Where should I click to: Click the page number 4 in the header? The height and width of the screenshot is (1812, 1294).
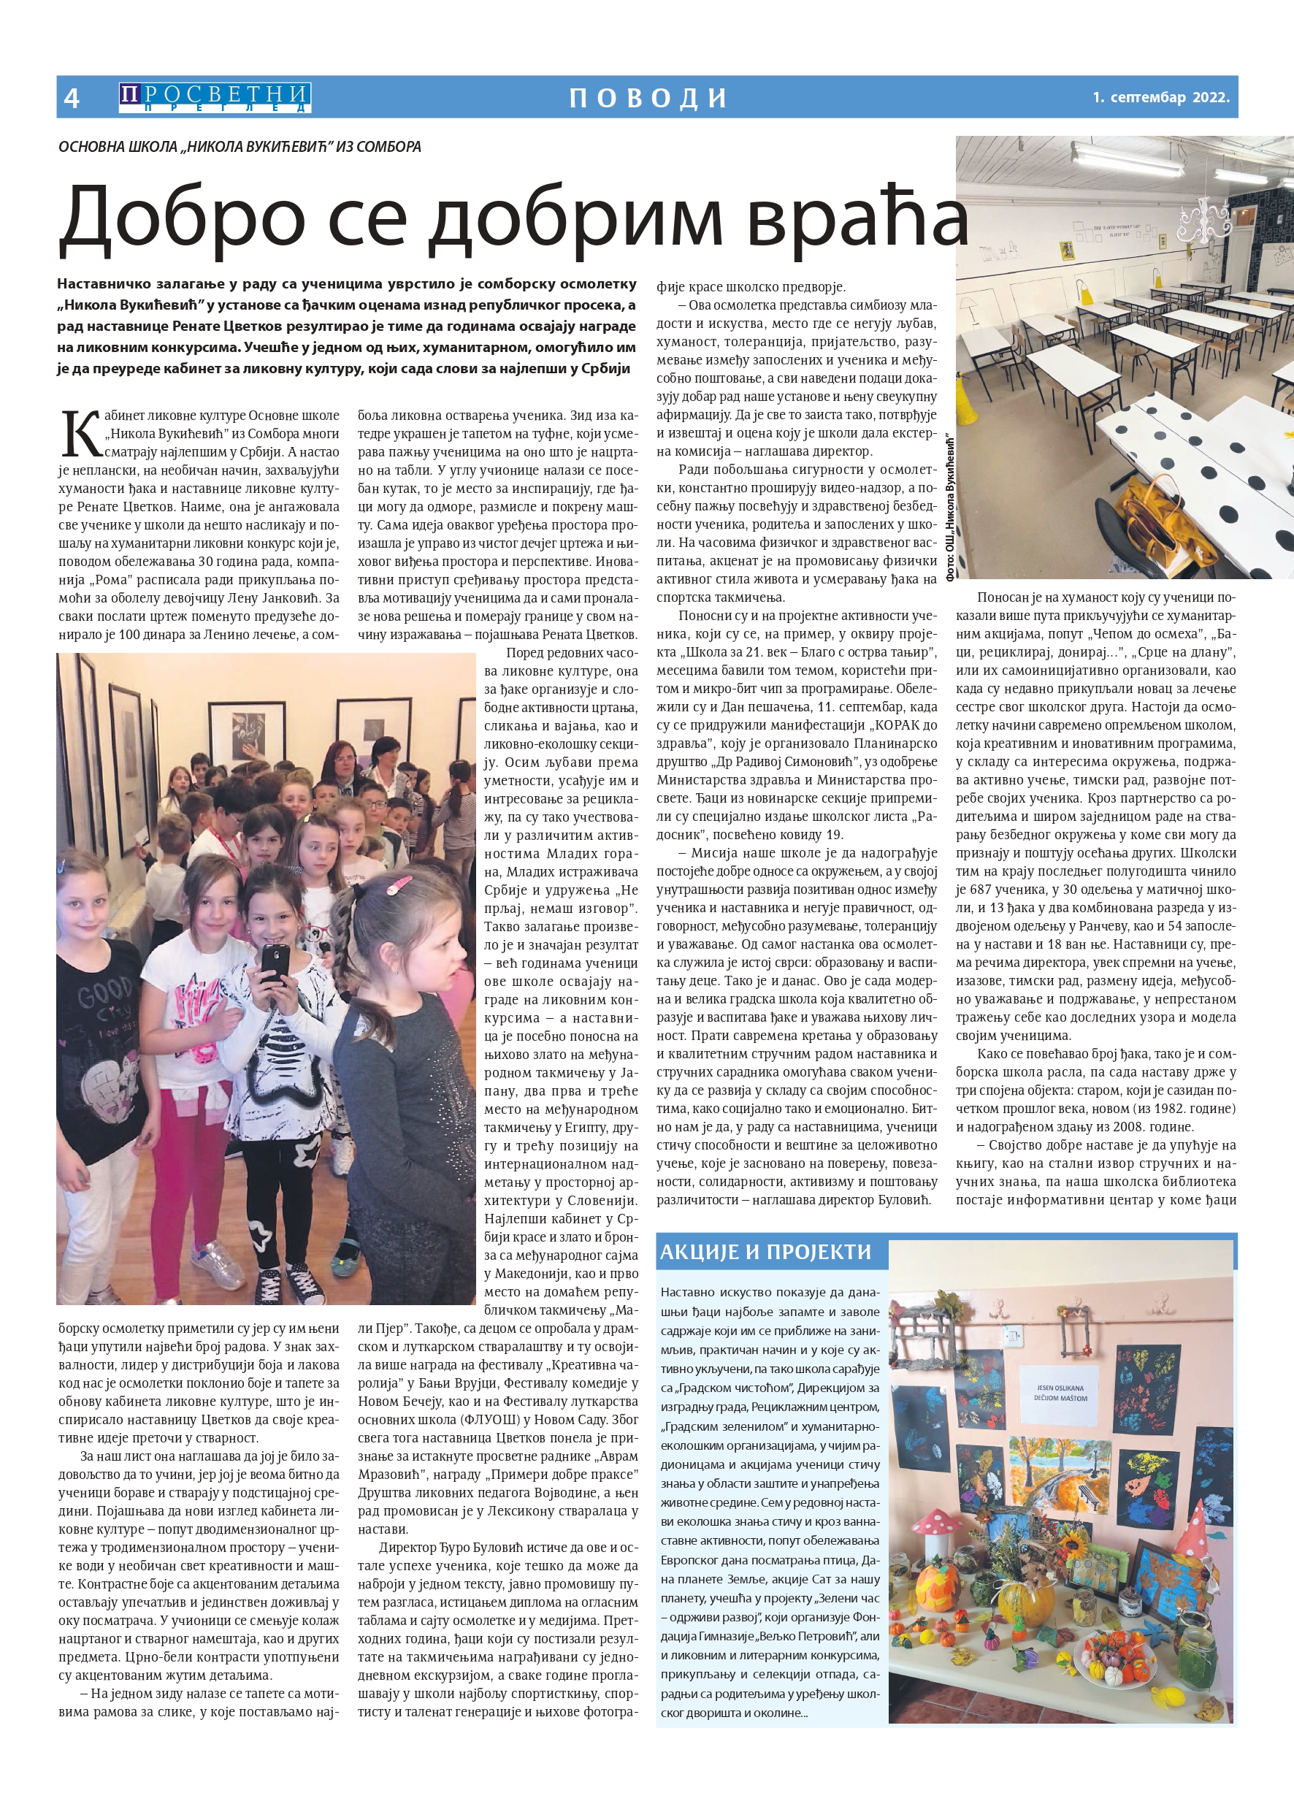tap(72, 97)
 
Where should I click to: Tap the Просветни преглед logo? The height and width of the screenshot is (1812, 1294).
tap(215, 97)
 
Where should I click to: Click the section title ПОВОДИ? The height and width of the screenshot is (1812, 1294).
tap(648, 97)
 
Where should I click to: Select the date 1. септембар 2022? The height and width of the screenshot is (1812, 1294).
tap(1160, 97)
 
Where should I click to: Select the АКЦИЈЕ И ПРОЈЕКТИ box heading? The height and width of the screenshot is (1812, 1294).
tap(765, 1252)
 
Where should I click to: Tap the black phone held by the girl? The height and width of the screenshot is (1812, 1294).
tap(274, 963)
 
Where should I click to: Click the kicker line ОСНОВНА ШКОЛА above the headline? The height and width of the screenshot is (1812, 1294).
tap(240, 147)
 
